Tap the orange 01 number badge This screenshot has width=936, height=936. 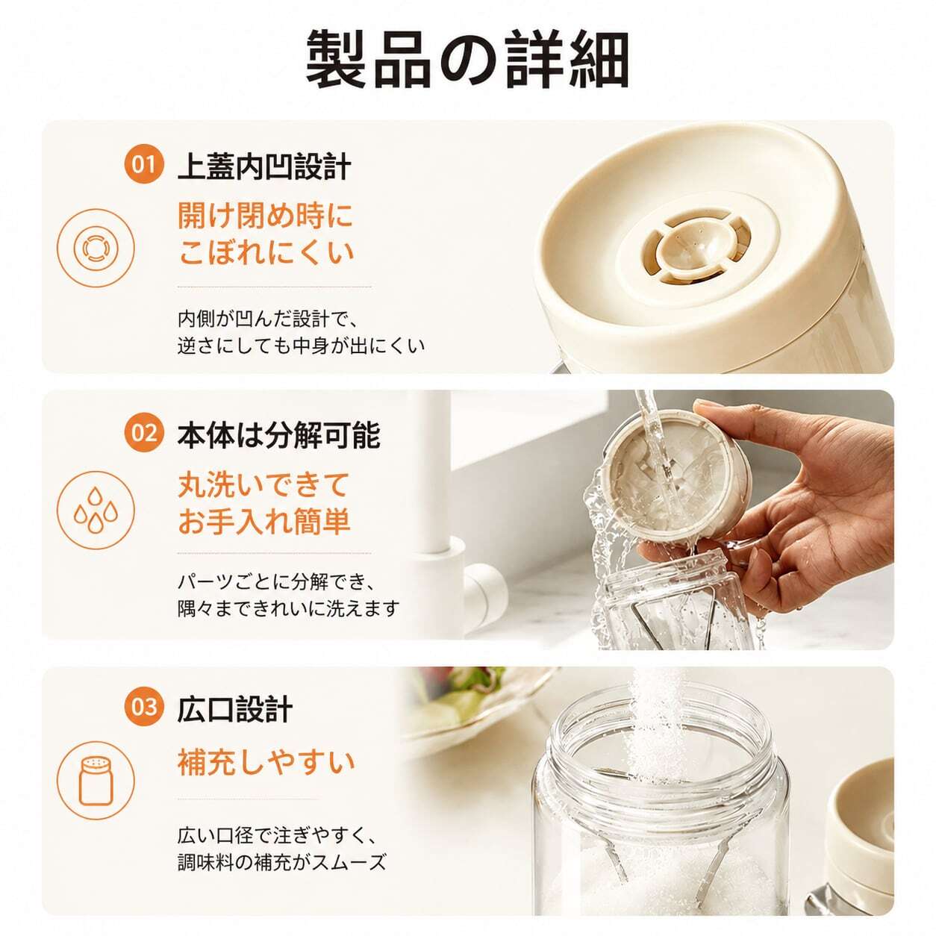pos(143,165)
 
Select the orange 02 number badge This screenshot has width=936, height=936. pos(143,433)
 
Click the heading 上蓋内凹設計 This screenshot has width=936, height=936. pos(265,166)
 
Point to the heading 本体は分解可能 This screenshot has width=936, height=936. pos(279,434)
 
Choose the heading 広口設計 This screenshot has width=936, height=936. pos(235,708)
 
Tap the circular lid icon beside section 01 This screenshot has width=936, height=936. pos(96,248)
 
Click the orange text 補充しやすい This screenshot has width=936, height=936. pos(266,763)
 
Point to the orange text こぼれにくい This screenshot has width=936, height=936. pos(266,253)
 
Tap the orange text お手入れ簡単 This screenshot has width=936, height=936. pos(263,522)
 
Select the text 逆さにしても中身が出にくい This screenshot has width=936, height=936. pos(301,346)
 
